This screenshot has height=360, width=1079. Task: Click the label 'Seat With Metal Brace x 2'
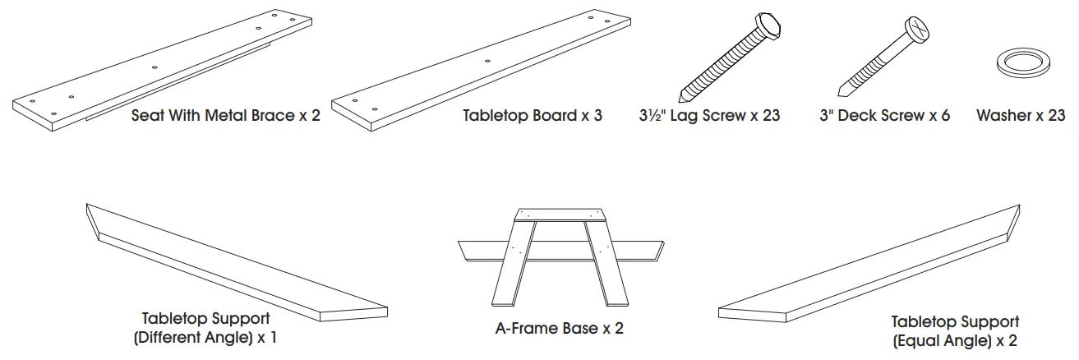[x=226, y=116]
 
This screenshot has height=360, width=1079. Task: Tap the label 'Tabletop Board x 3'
[x=533, y=116]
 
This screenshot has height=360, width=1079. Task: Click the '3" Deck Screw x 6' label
[x=884, y=116]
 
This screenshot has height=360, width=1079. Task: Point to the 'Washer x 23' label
[x=1021, y=116]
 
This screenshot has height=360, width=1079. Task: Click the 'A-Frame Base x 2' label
[x=559, y=329]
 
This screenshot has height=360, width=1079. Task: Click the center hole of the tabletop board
[x=487, y=61]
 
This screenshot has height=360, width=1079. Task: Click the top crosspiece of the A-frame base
[x=560, y=215]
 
